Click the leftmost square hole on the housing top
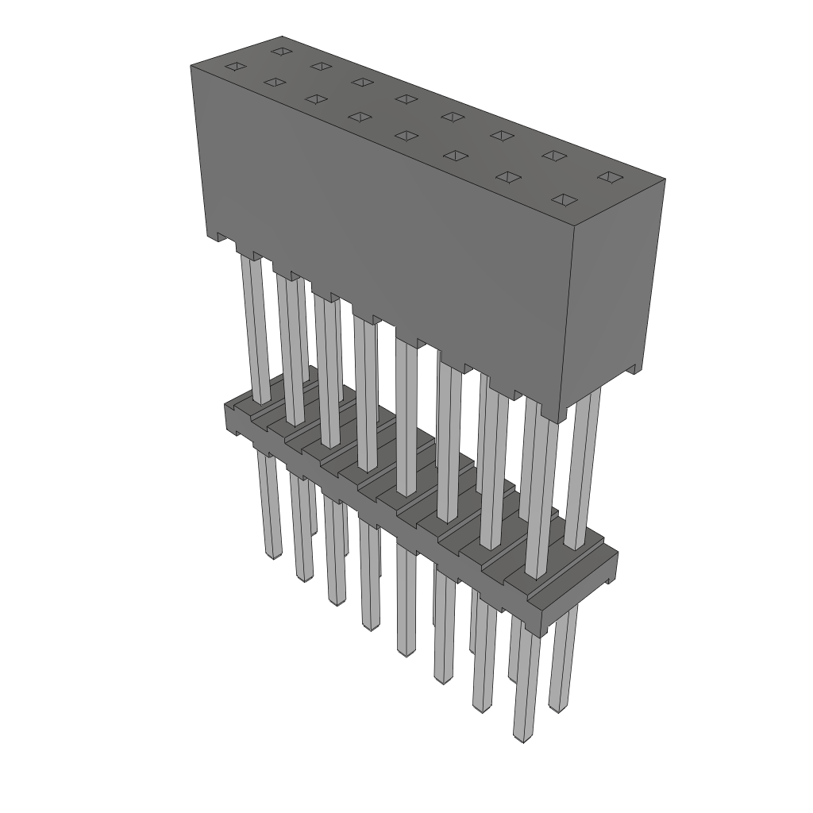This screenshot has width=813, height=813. coord(234,67)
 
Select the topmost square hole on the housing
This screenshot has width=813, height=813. coord(279,52)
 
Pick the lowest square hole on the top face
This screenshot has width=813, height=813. coord(564,198)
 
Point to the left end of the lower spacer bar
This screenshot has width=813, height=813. coord(225,418)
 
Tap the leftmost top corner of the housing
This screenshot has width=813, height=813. coord(191,66)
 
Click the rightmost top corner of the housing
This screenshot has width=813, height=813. coord(665,179)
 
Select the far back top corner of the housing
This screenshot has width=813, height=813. coord(282,37)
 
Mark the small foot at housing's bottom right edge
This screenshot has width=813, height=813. coord(634,370)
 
